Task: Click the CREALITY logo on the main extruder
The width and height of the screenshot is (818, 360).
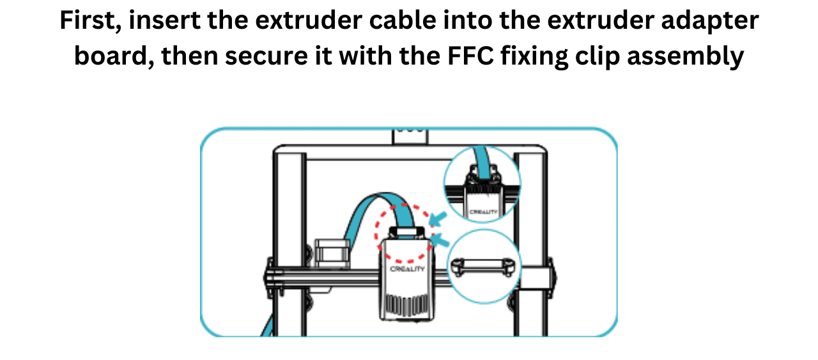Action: (407, 270)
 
